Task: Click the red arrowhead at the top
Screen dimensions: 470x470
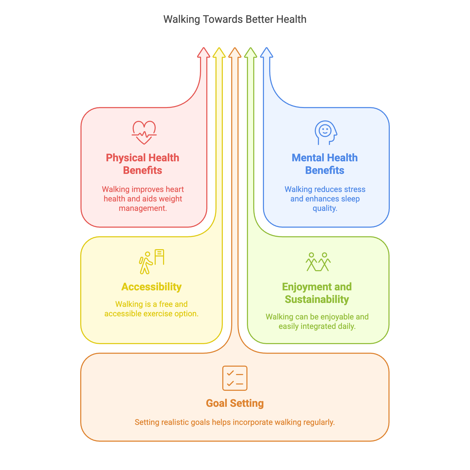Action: coord(204,53)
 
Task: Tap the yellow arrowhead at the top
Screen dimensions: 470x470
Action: coord(219,53)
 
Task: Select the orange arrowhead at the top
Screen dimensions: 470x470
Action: coord(235,53)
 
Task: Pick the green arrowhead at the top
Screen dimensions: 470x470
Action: coord(251,53)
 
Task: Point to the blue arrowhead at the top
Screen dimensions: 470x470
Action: coord(267,53)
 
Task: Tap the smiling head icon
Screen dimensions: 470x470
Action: coord(326,132)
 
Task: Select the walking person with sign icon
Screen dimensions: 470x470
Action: coord(152,261)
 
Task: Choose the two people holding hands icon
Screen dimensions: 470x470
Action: coord(318,262)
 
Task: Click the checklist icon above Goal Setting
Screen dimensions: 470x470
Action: coord(235,378)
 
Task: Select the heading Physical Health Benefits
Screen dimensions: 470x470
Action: coord(143,164)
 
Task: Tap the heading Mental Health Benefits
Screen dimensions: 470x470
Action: coord(325,164)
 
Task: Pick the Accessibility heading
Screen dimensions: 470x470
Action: coord(152,287)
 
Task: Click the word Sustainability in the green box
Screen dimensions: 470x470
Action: coord(317,299)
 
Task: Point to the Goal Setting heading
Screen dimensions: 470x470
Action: coord(235,403)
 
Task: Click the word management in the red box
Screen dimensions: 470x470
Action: coord(143,208)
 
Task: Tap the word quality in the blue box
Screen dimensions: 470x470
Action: coord(325,208)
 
